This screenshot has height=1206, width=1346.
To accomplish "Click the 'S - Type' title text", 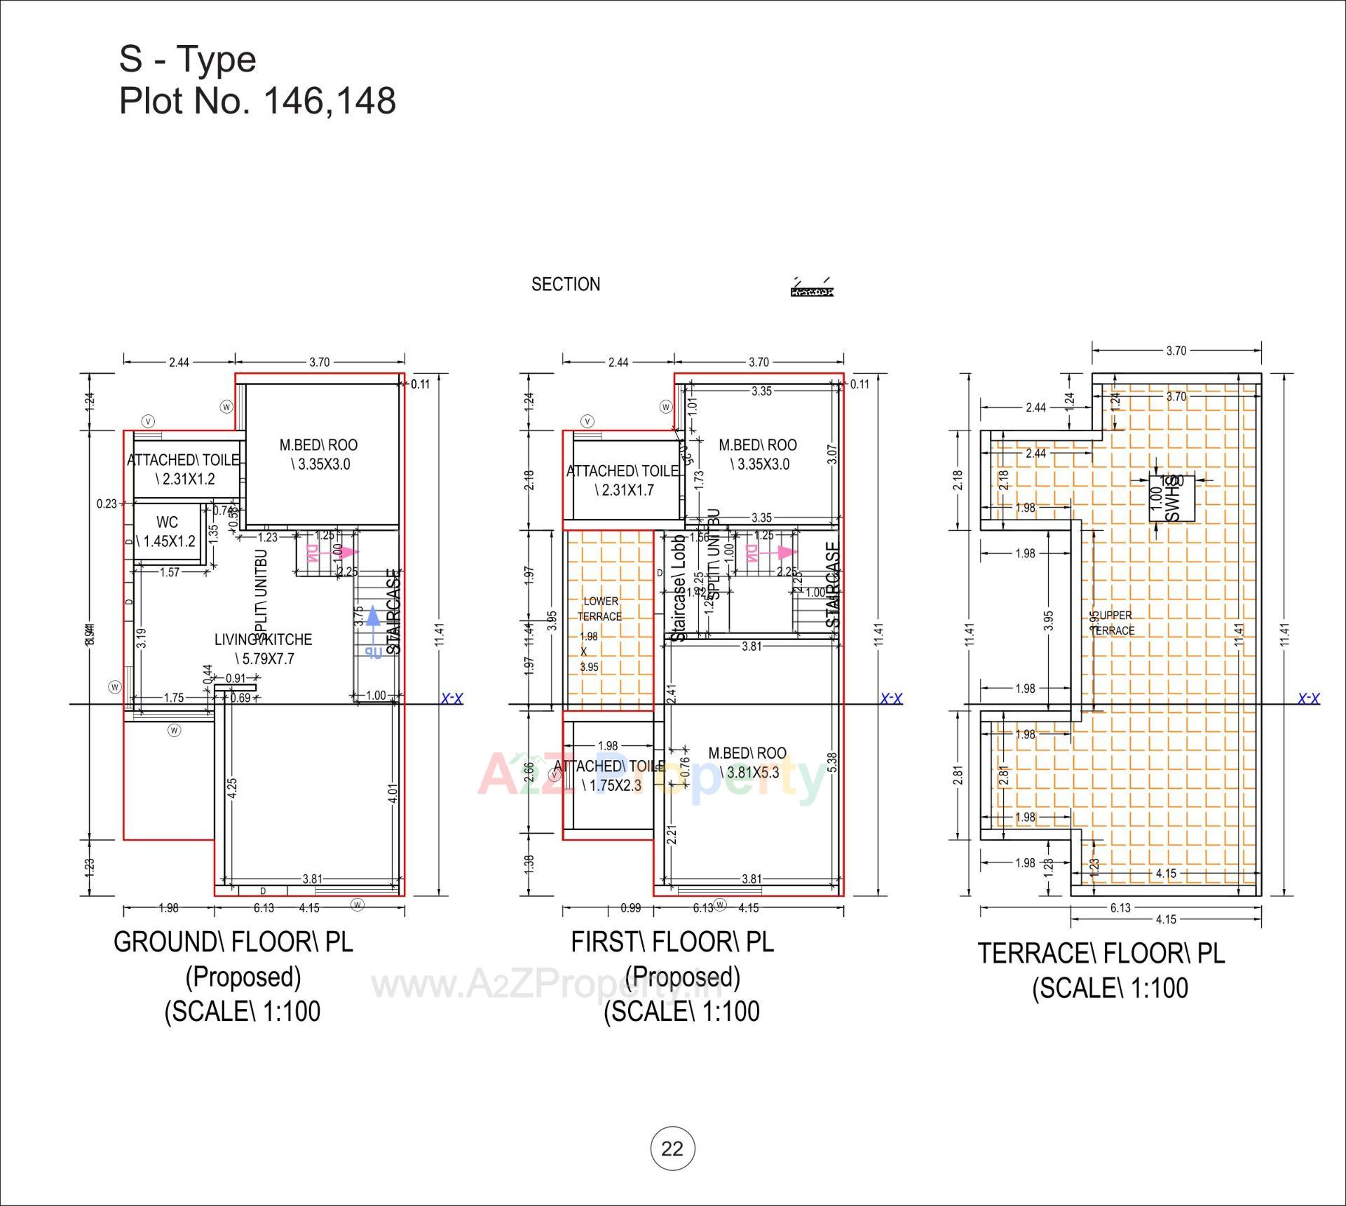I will (187, 60).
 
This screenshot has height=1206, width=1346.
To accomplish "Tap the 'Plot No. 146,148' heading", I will (257, 102).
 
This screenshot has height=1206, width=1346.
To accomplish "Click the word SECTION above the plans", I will (565, 285).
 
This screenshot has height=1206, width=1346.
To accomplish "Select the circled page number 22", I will (672, 1149).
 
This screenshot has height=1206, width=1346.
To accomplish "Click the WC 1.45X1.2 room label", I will (166, 532).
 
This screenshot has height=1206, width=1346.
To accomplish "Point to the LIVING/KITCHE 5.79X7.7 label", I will (263, 649).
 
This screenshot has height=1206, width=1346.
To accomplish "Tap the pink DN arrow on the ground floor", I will (319, 554).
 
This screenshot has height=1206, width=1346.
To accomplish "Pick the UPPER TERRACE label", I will (1113, 623).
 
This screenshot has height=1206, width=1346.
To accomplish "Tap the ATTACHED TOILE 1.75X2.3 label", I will (609, 775).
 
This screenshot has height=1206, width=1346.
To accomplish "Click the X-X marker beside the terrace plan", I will (1308, 698).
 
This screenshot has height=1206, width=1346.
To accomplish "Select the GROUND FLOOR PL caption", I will (233, 942).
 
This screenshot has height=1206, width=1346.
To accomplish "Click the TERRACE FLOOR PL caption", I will (1101, 954).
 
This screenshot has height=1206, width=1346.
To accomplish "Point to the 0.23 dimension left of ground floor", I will (107, 503).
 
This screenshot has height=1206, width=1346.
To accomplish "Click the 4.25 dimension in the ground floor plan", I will (232, 787).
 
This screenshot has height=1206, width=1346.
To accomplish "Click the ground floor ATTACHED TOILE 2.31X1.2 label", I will (184, 470).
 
